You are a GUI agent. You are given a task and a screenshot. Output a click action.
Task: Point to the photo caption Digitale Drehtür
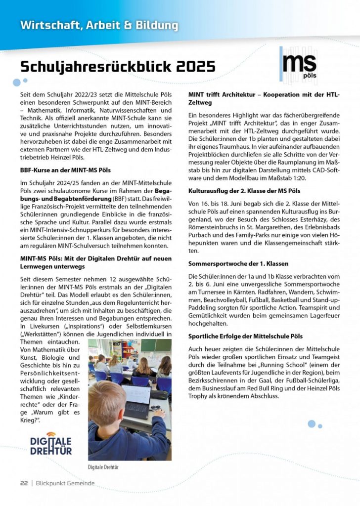(x=103, y=466)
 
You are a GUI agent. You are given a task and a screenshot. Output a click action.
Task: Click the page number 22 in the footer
(x=24, y=483)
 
